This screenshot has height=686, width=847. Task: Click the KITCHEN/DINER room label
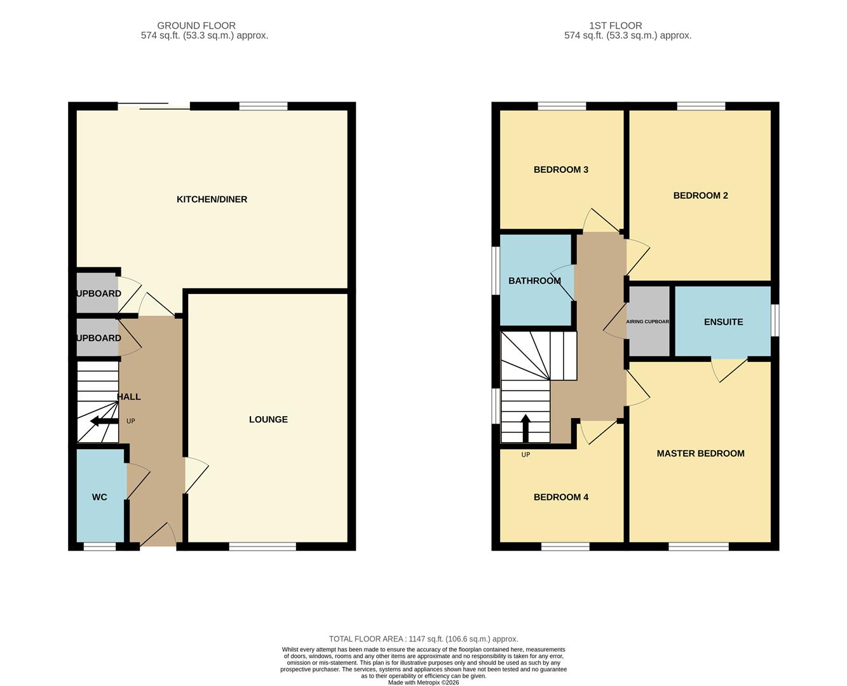click(x=212, y=199)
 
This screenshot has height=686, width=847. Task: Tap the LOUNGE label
click(x=268, y=419)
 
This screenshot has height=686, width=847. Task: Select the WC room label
click(x=100, y=497)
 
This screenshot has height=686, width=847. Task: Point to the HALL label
click(x=129, y=397)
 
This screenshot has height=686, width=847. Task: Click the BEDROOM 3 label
click(x=560, y=170)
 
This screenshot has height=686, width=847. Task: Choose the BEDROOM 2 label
click(x=700, y=196)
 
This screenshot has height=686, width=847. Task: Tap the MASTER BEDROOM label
click(x=700, y=454)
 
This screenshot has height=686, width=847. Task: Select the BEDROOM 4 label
click(x=560, y=497)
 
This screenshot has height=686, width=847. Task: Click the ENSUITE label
click(x=723, y=322)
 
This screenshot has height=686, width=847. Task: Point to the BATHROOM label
click(x=534, y=281)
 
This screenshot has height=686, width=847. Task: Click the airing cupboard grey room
click(x=648, y=321)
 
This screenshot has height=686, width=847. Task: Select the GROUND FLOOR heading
click(x=196, y=25)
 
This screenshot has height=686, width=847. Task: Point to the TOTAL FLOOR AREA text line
click(x=423, y=639)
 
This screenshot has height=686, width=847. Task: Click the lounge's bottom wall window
click(x=262, y=546)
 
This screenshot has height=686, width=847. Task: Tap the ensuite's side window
click(x=775, y=320)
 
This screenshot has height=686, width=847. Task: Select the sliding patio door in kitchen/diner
click(x=154, y=106)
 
